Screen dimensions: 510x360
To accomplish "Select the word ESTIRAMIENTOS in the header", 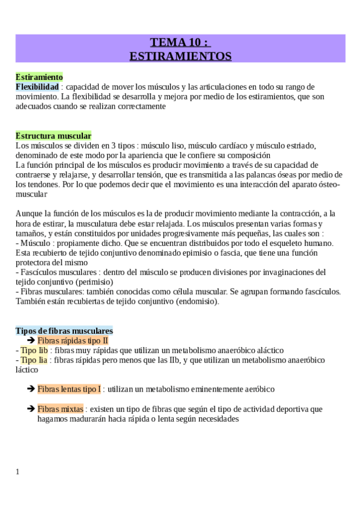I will click(180, 56).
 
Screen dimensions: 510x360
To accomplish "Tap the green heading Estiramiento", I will click(39, 78).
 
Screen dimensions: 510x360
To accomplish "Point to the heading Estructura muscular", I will click(53, 136).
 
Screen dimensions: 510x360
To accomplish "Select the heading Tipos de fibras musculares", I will click(64, 331).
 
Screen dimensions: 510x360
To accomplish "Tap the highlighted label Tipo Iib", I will click(34, 350).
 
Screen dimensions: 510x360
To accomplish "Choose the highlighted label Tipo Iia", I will click(34, 360).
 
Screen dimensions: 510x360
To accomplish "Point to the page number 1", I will click(17, 472).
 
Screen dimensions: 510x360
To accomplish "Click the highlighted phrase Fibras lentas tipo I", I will click(70, 389).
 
